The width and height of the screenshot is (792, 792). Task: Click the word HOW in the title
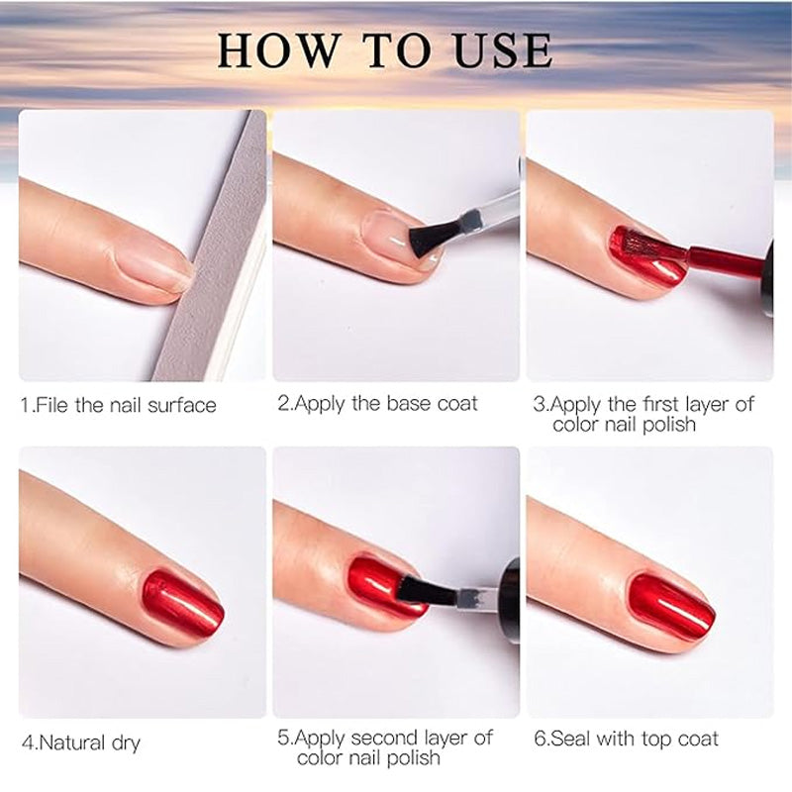pyautogui.click(x=279, y=50)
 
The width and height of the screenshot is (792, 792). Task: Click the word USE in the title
pyautogui.click(x=503, y=50)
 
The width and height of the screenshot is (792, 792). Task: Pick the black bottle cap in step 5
pyautogui.click(x=511, y=600)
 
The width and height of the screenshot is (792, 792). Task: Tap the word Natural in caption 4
pyautogui.click(x=72, y=742)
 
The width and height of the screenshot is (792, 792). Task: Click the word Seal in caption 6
pyautogui.click(x=570, y=739)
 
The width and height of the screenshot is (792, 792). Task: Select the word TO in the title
pyautogui.click(x=397, y=50)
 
